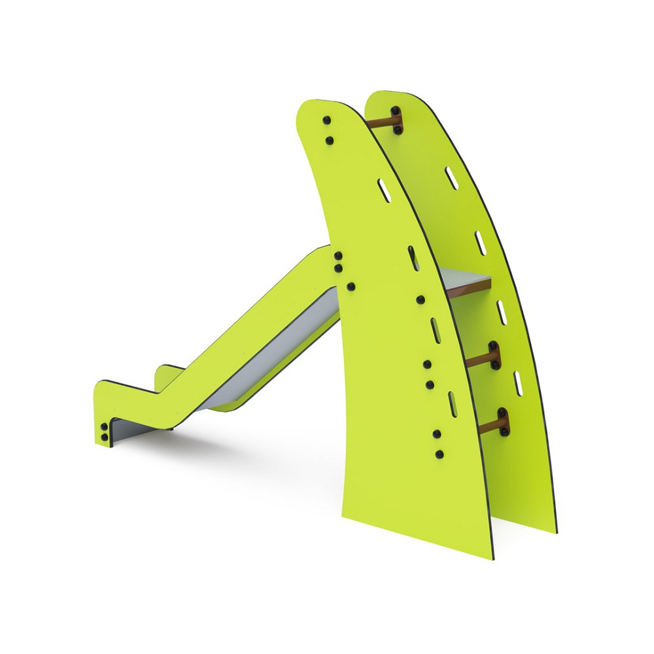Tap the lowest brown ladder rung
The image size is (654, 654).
pos(488,426)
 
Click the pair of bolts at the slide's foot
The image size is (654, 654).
pos(104,432)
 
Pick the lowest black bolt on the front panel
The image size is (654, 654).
pos(440,453)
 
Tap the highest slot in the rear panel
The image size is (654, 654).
pos(451,177)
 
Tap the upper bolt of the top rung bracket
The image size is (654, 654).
pos(394,111)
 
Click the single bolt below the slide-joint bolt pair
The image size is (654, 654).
pos(351,286)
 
